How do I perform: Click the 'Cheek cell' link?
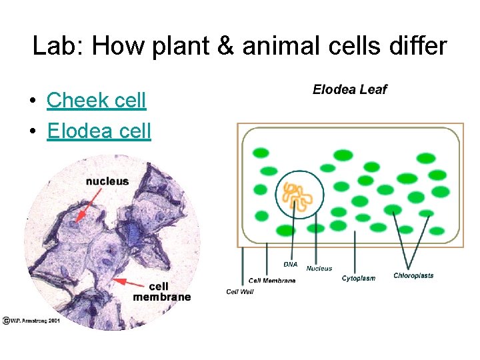click(x=96, y=100)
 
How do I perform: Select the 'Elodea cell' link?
click(x=99, y=130)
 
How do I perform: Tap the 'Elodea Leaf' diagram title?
click(x=349, y=89)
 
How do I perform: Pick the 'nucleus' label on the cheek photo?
click(x=107, y=181)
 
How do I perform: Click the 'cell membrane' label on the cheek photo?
click(x=161, y=291)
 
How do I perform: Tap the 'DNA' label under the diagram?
click(x=291, y=264)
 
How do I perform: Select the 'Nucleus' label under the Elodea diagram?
click(x=319, y=269)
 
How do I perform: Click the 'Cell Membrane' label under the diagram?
click(x=272, y=281)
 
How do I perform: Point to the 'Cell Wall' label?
click(x=241, y=291)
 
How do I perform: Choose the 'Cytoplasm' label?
click(x=359, y=278)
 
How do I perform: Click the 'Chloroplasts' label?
click(x=413, y=275)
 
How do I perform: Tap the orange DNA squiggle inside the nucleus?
click(x=299, y=196)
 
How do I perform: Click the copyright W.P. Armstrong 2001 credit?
click(x=31, y=321)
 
